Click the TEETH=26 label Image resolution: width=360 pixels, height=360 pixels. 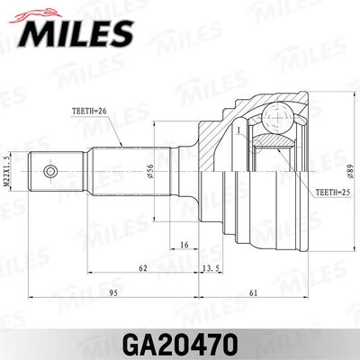pos(89,113)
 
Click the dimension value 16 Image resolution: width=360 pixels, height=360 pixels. pos(183,244)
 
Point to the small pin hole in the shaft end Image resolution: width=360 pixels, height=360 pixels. pos(50,168)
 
